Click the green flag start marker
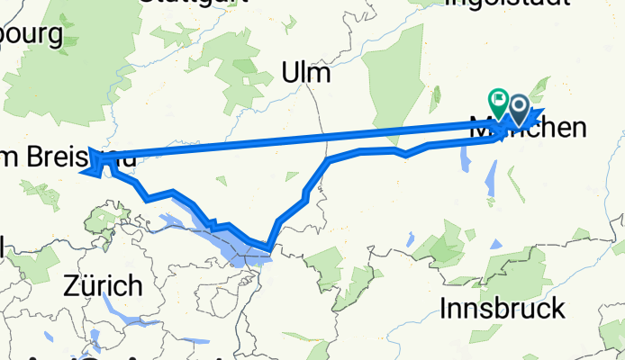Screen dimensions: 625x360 (497, 98)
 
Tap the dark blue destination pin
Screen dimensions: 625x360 (520, 110)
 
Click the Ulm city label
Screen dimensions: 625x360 (306, 72)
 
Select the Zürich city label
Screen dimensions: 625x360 (103, 286)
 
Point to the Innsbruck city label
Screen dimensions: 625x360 (503, 309)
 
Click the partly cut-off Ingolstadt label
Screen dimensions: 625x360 (506, 4)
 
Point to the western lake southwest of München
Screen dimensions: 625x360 (466, 160)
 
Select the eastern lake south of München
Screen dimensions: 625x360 (492, 180)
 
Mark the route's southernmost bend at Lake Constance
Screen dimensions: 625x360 (267, 247)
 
